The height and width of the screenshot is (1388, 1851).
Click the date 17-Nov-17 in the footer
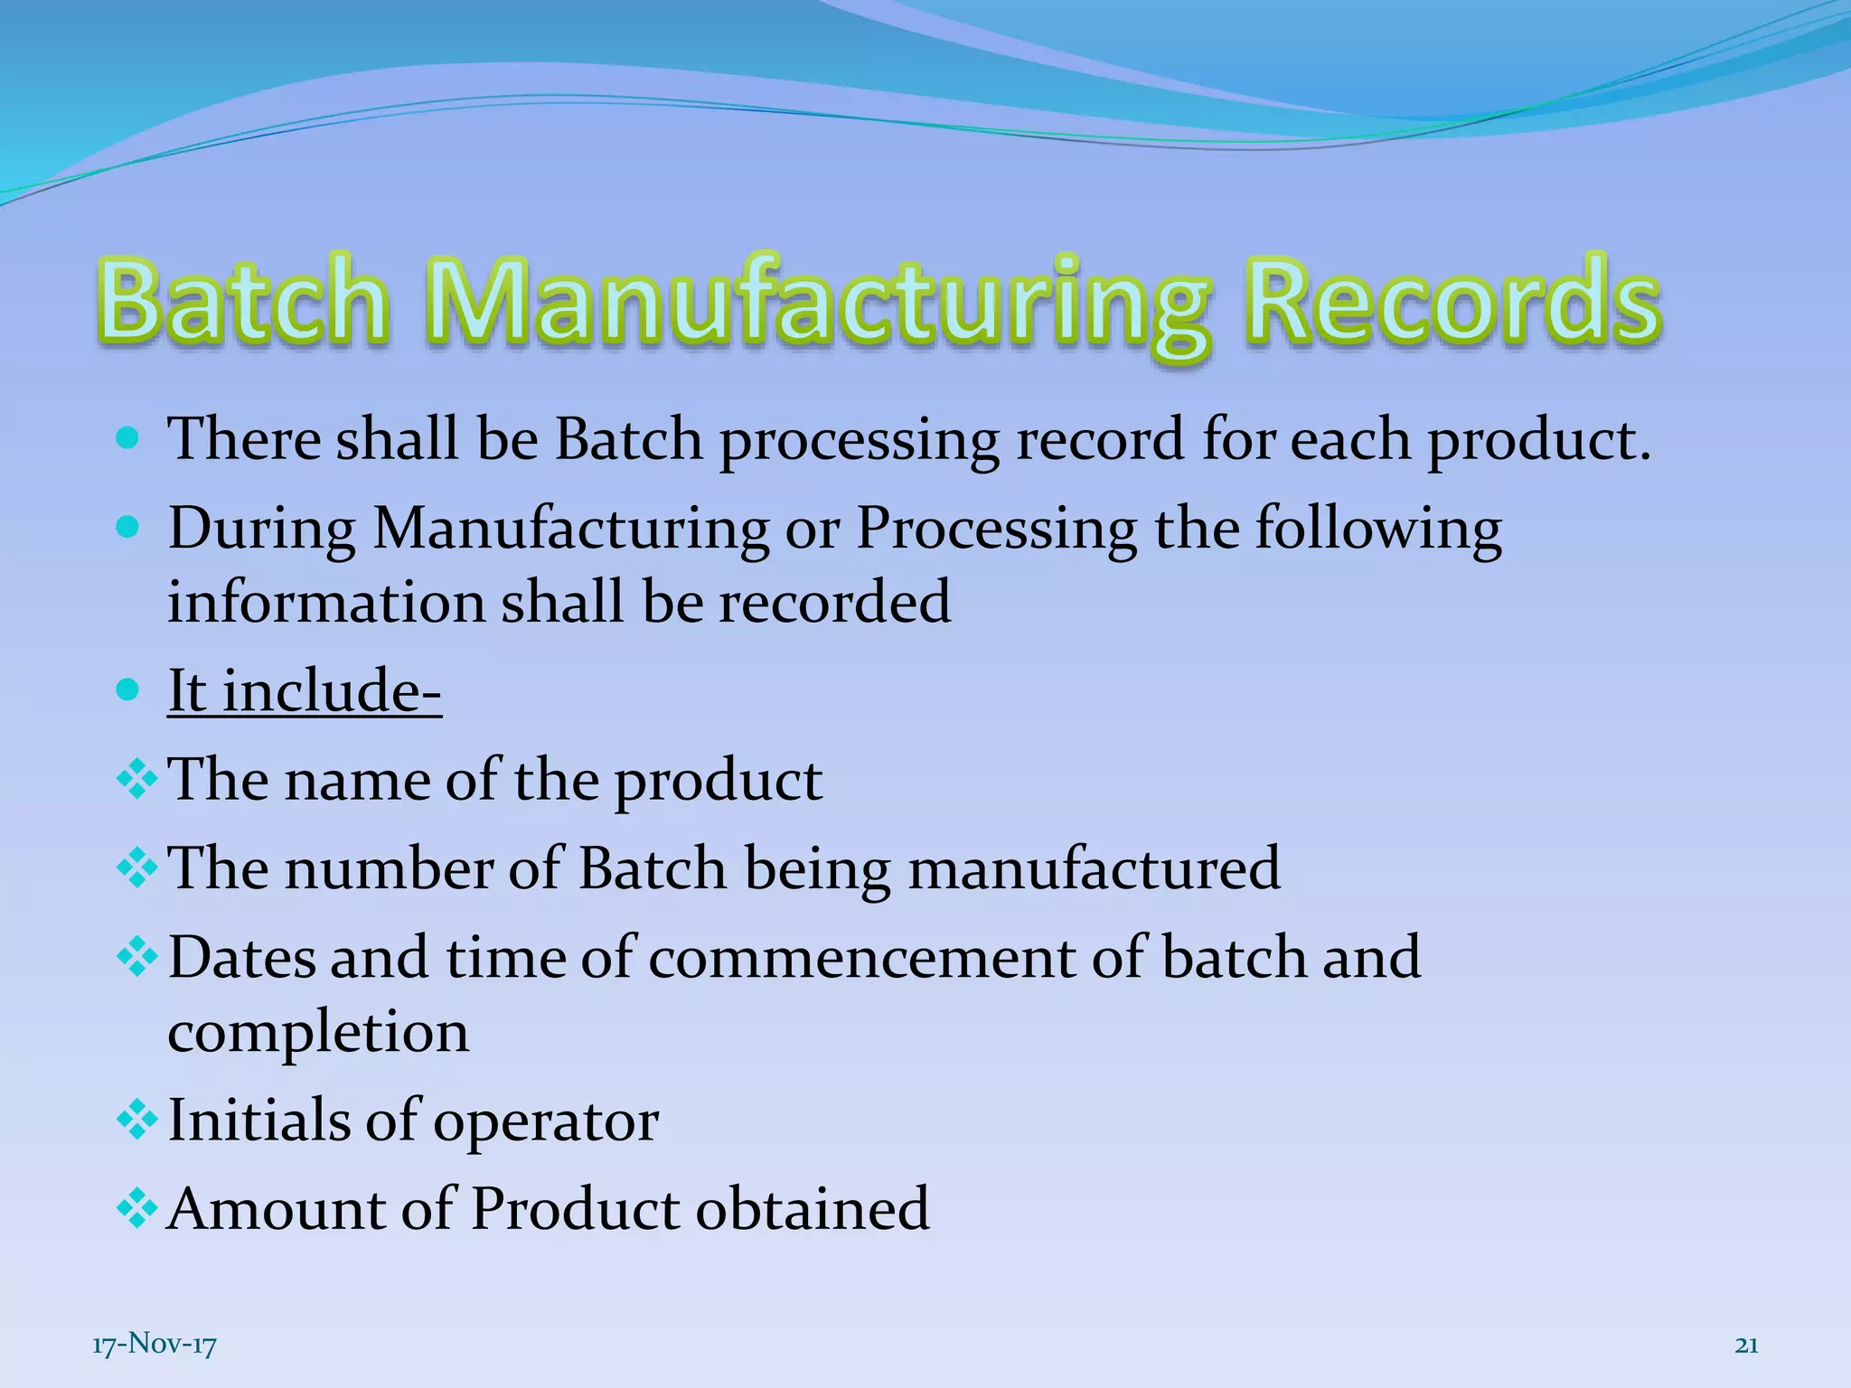click(155, 1346)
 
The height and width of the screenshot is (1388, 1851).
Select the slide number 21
click(1746, 1346)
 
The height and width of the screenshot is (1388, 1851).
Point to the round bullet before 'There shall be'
click(128, 440)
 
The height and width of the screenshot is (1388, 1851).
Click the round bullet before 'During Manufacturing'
click(128, 529)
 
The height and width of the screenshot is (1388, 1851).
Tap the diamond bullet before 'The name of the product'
click(137, 779)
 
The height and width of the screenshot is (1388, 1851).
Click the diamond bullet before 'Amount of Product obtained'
click(137, 1209)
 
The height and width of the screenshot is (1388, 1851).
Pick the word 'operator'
click(546, 1122)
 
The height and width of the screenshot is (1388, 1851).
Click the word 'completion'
click(318, 1032)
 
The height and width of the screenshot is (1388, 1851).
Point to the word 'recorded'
click(834, 603)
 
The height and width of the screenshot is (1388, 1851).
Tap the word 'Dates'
click(241, 958)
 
